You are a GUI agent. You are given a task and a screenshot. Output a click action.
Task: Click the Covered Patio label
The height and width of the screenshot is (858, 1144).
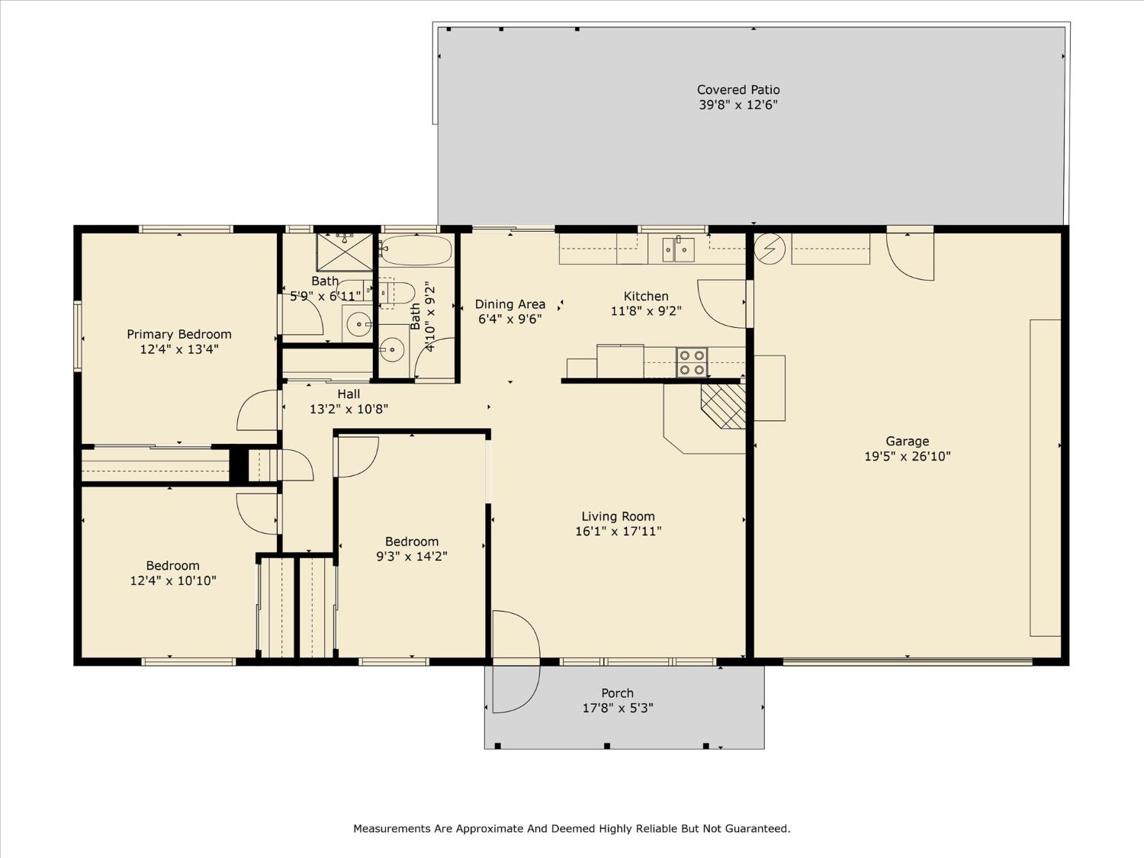point(738,89)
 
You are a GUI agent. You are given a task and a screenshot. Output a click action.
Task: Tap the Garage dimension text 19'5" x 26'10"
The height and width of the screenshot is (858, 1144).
point(908,456)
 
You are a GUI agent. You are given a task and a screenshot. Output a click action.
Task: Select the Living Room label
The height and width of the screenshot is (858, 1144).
point(618,516)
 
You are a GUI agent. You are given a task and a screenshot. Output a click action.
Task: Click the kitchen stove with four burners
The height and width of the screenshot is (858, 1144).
point(692,362)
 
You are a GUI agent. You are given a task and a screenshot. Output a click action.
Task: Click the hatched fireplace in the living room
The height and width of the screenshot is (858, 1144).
point(724,406)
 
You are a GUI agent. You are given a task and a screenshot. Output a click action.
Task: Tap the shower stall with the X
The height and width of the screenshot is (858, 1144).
point(345,252)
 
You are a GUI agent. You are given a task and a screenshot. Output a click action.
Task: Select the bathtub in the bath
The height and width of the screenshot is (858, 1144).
point(416,251)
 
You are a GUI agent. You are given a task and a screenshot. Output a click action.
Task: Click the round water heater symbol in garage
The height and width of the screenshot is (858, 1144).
point(770,249)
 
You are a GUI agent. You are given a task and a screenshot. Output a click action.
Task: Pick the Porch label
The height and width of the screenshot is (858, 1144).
point(618,693)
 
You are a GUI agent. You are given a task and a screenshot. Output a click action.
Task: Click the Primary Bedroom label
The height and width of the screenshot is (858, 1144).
point(179,334)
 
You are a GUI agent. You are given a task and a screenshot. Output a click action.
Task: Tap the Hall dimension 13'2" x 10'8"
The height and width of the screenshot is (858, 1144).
point(349,409)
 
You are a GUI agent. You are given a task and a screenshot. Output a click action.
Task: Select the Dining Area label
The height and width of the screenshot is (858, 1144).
point(509,304)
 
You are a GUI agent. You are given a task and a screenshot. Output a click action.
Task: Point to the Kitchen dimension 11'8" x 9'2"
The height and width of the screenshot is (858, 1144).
point(646,311)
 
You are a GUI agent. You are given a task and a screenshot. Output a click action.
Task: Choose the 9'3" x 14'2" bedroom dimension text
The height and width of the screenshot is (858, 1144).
point(412,557)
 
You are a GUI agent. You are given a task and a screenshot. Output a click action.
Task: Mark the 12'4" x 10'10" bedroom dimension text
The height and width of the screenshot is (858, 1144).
point(173,580)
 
